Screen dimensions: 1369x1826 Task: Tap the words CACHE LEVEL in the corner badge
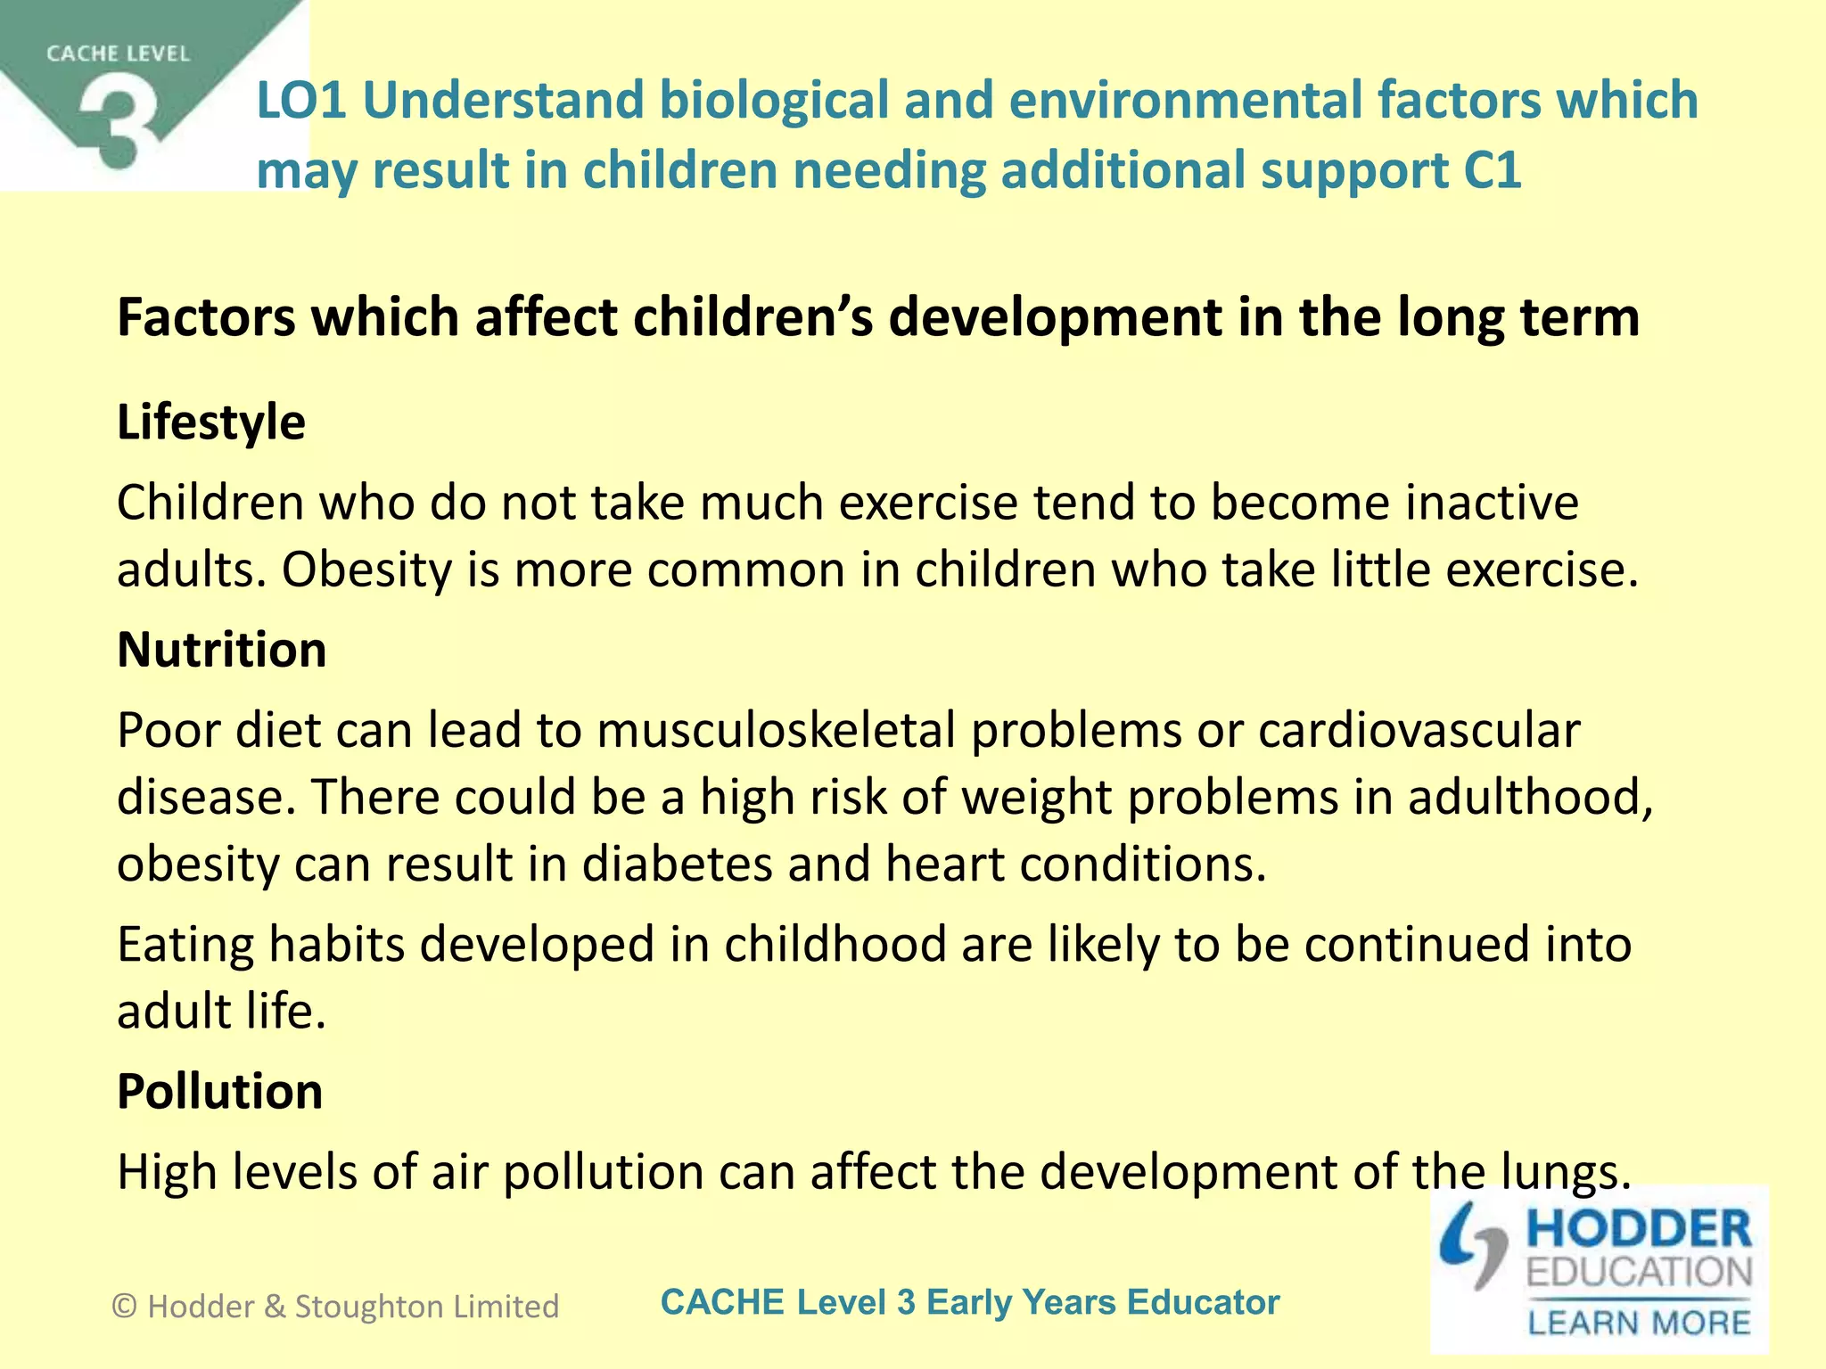[118, 54]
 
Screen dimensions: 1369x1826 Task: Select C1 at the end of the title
[1492, 170]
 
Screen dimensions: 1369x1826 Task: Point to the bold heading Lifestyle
[211, 422]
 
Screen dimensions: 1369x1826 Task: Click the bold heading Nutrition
[222, 649]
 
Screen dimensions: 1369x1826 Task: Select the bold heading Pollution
[220, 1091]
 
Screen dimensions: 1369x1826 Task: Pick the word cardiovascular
[1419, 730]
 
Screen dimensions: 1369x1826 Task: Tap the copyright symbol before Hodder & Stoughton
[125, 1307]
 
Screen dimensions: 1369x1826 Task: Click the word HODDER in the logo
[1639, 1229]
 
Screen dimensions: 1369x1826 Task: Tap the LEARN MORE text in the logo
[1639, 1322]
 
